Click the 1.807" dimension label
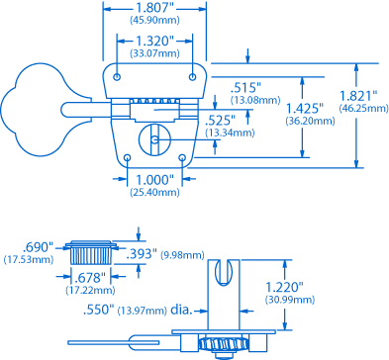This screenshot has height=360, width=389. coord(154,8)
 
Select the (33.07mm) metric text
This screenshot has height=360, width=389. coord(154,52)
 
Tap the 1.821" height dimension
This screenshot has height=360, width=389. coord(358,96)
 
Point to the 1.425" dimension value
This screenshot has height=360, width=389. coord(305,109)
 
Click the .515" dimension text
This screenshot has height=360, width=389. coord(245,88)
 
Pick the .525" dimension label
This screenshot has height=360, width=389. coord(220,121)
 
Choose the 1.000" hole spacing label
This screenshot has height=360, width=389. coord(154,180)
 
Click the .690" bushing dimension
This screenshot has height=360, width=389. coord(38,247)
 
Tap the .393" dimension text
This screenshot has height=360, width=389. coord(142,254)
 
